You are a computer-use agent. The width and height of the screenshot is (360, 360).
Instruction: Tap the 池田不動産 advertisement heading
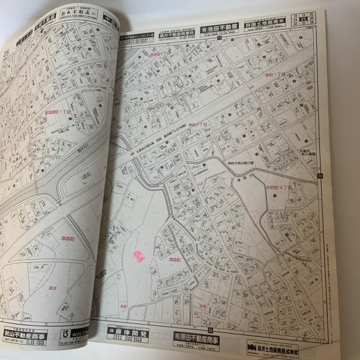[x=219, y=27]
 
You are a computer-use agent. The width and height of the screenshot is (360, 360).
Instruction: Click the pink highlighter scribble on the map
[x=139, y=257]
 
